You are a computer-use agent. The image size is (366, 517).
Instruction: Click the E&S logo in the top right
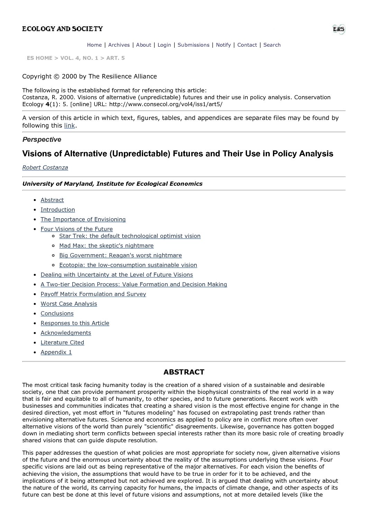click(x=339, y=29)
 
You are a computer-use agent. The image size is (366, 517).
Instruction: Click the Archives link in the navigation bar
click(x=119, y=45)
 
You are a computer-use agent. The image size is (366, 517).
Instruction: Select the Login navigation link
click(x=164, y=45)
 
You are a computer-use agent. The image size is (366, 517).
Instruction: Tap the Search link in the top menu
click(x=272, y=45)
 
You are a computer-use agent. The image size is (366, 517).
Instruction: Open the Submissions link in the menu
click(x=193, y=45)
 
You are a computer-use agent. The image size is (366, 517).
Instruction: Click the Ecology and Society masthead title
click(x=63, y=29)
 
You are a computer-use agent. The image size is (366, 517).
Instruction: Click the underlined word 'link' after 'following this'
click(x=70, y=126)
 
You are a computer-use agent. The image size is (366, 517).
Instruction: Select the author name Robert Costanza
click(x=45, y=167)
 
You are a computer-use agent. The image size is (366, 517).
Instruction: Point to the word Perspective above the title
click(x=42, y=140)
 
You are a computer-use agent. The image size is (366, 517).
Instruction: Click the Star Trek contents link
click(x=130, y=236)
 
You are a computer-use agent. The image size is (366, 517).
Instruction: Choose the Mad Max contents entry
click(x=106, y=246)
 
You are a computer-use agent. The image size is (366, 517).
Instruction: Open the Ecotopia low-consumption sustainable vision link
click(x=128, y=265)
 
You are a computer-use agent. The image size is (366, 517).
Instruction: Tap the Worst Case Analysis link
click(x=69, y=304)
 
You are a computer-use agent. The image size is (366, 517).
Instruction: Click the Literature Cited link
click(x=62, y=342)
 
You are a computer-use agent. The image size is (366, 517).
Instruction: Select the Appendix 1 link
click(x=56, y=352)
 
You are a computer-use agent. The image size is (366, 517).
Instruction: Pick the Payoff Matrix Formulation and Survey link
click(x=93, y=294)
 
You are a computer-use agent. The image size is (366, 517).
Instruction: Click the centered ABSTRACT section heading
click(x=184, y=372)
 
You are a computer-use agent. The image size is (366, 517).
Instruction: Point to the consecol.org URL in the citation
click(x=166, y=104)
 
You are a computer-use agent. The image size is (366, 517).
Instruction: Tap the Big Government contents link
click(x=120, y=255)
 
